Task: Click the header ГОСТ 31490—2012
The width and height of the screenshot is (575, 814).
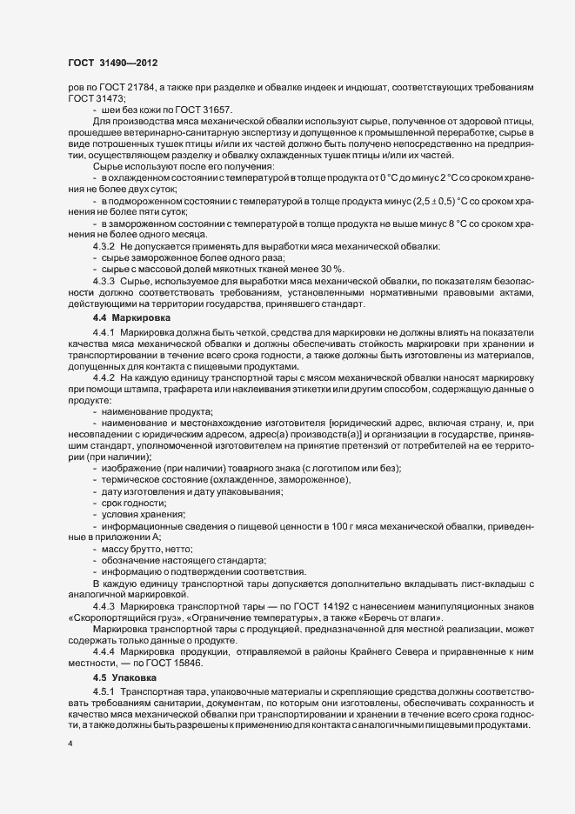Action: point(112,63)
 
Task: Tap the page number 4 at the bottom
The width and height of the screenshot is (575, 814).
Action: point(70,744)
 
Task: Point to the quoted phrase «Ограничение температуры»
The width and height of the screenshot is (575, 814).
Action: point(244,617)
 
